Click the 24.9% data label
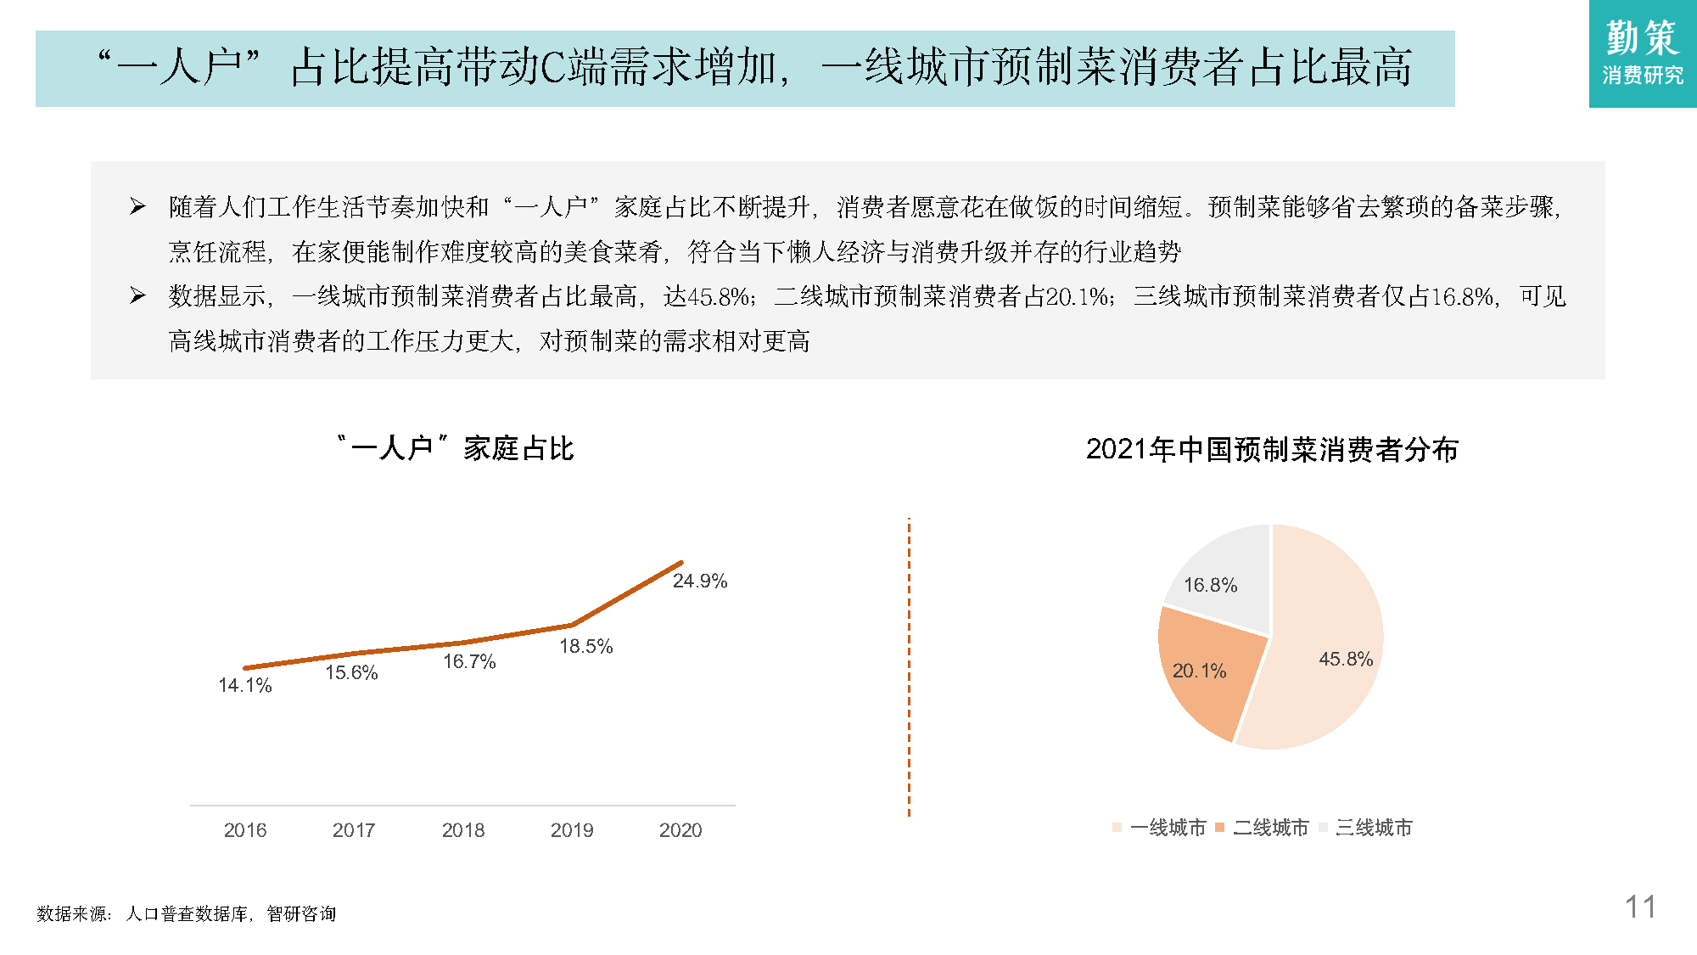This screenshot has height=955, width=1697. tap(699, 581)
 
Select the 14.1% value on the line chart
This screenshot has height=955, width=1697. tap(244, 686)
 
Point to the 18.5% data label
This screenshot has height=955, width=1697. tap(585, 647)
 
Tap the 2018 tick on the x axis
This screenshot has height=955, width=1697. tap(462, 830)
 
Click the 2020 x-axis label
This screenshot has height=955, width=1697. tap(680, 830)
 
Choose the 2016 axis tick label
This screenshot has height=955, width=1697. tap(245, 830)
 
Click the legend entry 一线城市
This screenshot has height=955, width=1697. tap(1168, 828)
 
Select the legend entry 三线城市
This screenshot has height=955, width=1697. tap(1373, 828)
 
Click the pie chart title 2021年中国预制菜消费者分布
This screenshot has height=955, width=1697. tap(1272, 449)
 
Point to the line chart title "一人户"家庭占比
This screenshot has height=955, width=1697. tap(456, 448)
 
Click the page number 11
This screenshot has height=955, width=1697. tap(1640, 907)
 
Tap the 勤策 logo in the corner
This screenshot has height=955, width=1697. tap(1642, 53)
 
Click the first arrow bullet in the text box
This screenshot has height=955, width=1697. tap(137, 206)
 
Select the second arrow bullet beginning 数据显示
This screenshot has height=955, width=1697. tap(137, 295)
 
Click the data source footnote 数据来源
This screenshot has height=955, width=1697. tap(187, 913)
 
